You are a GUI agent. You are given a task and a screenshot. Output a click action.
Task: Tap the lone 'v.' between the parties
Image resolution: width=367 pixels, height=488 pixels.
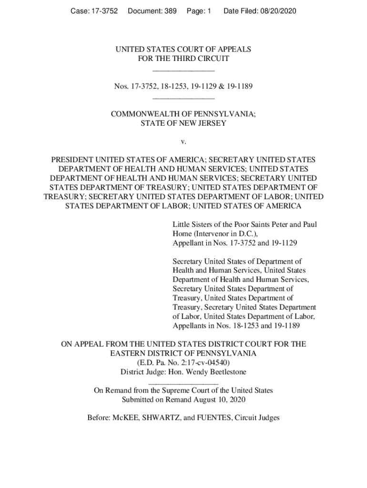point(183,142)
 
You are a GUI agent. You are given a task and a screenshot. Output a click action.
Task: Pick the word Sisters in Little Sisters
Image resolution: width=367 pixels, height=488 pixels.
point(203,224)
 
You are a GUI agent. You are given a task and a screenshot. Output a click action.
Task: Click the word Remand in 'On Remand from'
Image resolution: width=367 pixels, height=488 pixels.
point(117,390)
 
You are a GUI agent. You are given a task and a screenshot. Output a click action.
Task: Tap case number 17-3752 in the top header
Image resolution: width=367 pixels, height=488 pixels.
point(105,10)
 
